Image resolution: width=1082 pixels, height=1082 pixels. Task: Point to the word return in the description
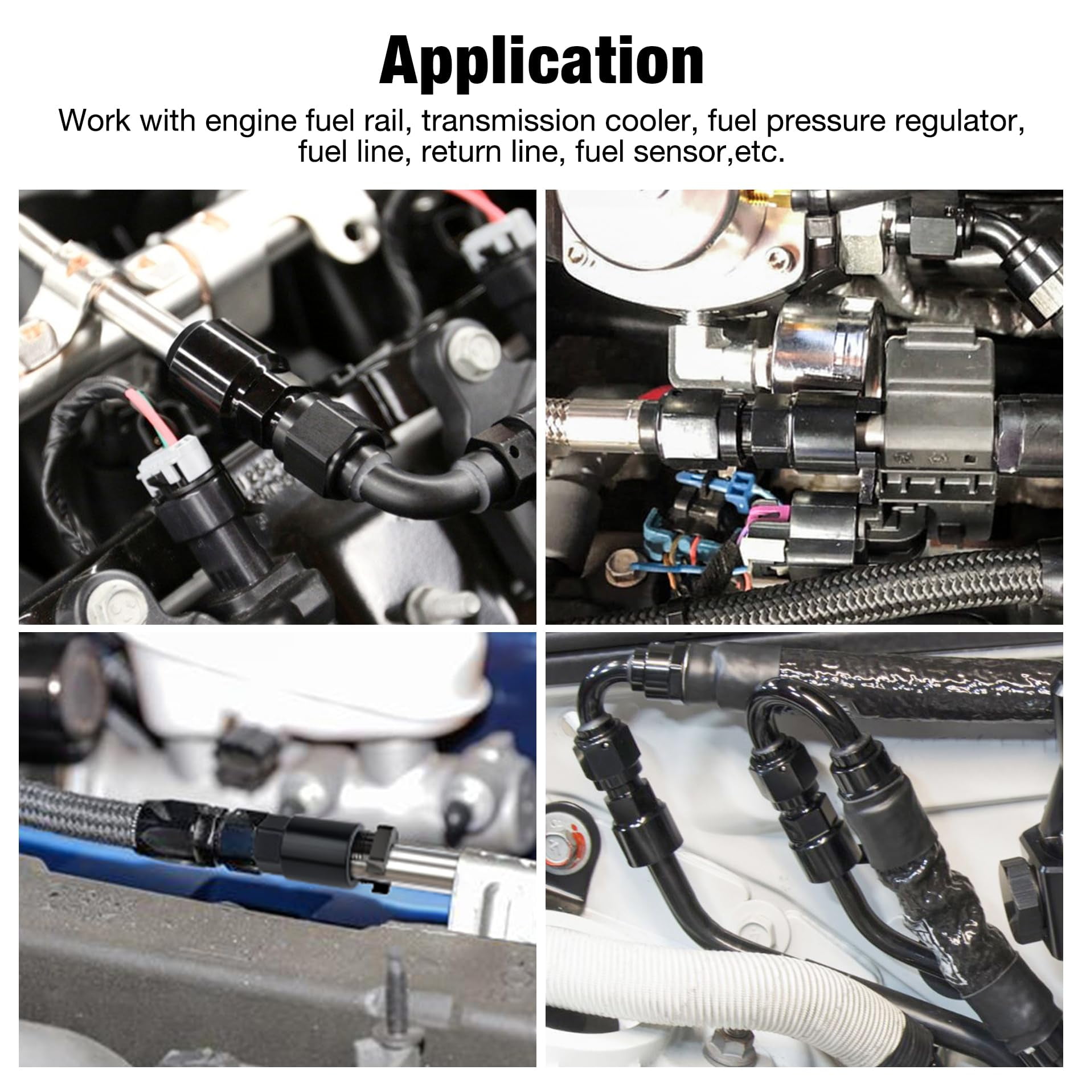coord(463,153)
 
